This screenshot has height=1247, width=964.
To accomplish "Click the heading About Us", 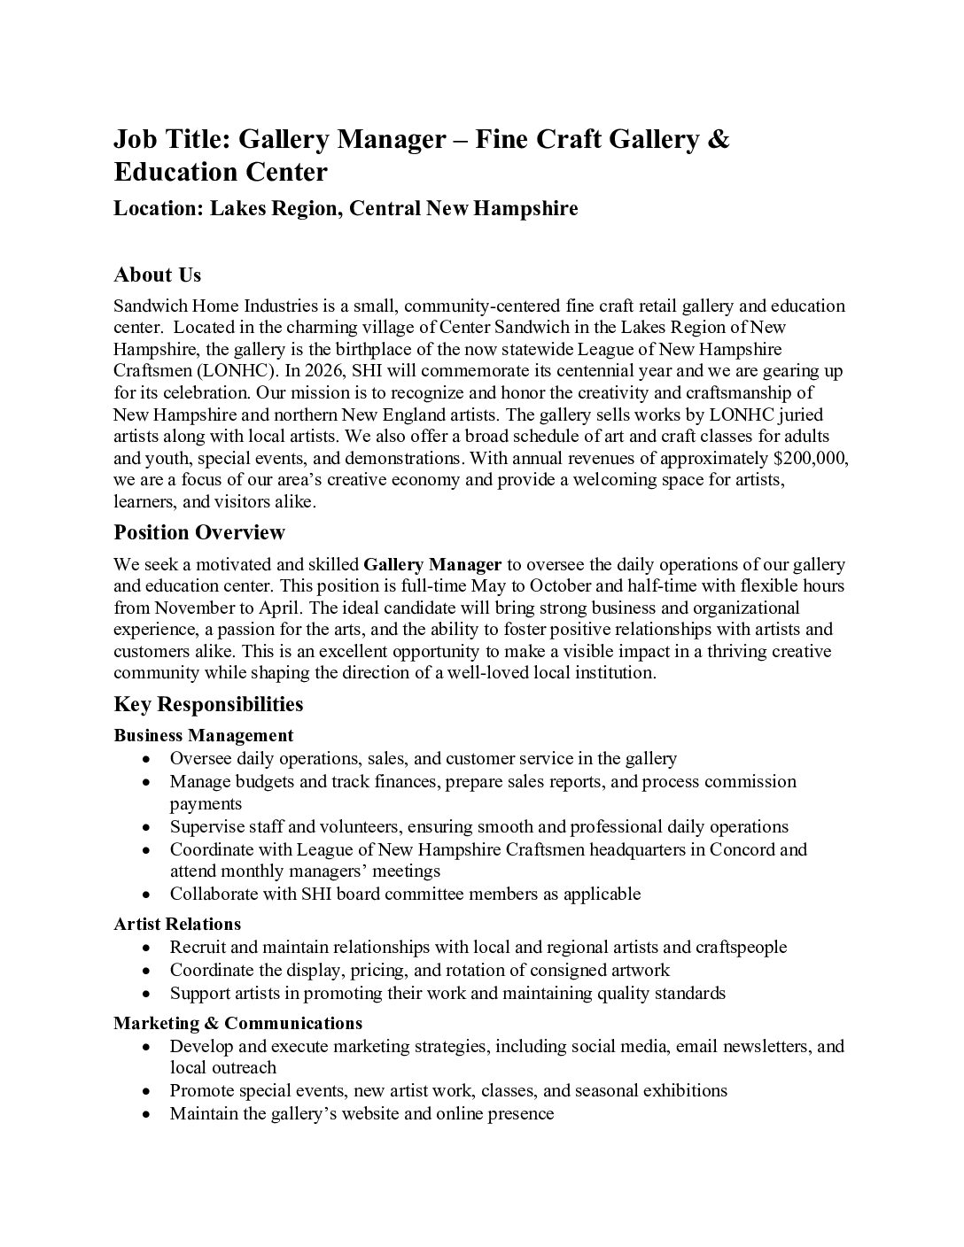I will click(x=157, y=275).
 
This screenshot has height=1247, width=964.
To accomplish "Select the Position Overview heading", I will click(x=199, y=532).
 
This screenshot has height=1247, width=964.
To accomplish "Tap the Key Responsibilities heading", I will click(x=208, y=704).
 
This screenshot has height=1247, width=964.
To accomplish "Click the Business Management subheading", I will click(x=203, y=735).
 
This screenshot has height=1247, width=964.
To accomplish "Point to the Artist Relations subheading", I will click(x=177, y=925).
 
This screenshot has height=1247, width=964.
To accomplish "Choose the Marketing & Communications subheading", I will click(x=237, y=1023).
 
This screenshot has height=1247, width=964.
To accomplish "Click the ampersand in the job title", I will click(x=719, y=139).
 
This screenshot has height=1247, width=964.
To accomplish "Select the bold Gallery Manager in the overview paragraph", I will click(x=432, y=564).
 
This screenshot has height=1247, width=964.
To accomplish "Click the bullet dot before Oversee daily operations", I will click(x=147, y=759).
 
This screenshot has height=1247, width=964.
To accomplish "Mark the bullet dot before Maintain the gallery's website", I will click(x=147, y=1114).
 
